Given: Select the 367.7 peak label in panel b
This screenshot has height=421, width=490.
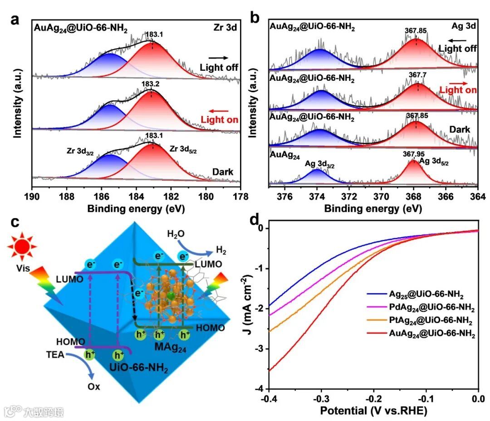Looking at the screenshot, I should [416, 74].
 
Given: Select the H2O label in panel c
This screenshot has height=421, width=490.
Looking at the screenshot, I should [176, 235].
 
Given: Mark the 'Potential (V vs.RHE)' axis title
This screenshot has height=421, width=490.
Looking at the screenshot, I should [374, 411].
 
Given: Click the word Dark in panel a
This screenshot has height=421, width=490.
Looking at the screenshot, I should [222, 172].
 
